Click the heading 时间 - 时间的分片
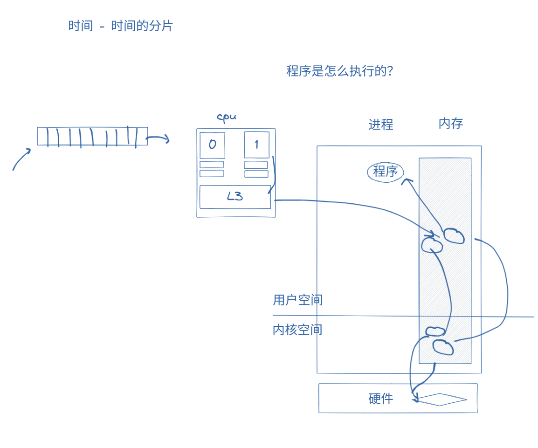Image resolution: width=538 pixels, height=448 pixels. coord(120,26)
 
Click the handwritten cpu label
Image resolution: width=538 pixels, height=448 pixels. coord(227,117)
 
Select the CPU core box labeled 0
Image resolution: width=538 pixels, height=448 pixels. coord(212,145)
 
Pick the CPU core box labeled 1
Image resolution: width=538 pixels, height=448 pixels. coord(256,145)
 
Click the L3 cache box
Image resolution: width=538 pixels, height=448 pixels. coord(235,197)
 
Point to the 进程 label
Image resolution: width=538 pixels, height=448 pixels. coord(380,124)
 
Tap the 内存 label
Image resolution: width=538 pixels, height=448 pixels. coord(450,124)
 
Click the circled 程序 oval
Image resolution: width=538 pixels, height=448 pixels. coord(386,172)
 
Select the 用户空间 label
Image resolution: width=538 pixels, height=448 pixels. coord(297,300)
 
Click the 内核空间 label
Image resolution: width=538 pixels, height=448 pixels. coord(297,330)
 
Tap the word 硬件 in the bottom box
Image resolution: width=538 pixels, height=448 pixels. coord(380,399)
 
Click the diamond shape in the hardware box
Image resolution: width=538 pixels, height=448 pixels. coord(441,400)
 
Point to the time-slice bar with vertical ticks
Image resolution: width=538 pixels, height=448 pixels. coord(92,137)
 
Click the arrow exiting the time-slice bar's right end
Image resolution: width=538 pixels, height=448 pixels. coord(158,138)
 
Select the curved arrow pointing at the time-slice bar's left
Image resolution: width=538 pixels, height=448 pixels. coord(21,159)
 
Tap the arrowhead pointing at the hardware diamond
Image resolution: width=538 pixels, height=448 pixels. coord(414,399)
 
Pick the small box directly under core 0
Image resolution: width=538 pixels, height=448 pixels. coord(212,165)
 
